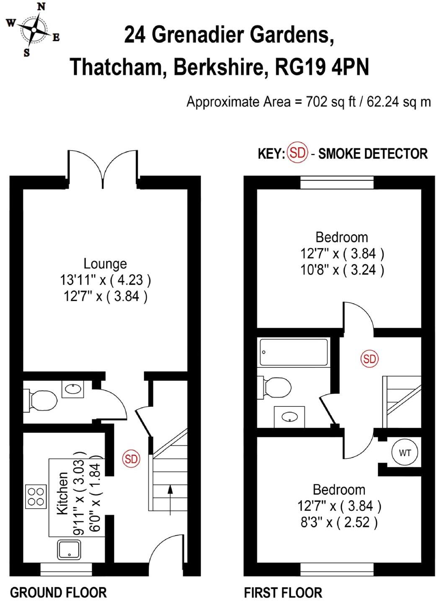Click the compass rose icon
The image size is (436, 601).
[x=33, y=29]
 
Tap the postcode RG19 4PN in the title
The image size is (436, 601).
[x=322, y=67]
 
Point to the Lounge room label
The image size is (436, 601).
[x=105, y=264]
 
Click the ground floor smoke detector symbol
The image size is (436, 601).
[x=131, y=459]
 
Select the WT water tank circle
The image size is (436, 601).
[x=405, y=453]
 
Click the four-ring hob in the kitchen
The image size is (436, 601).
[x=36, y=496]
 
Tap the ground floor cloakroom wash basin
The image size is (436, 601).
[x=73, y=389]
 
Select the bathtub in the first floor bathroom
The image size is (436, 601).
[x=294, y=352]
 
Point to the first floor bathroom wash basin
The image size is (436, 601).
[x=289, y=417]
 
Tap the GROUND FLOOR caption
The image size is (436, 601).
[x=58, y=593]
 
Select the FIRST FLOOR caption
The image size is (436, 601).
[x=283, y=593]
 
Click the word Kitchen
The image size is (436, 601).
[x=62, y=494]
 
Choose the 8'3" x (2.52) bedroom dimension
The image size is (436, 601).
[x=339, y=523]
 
